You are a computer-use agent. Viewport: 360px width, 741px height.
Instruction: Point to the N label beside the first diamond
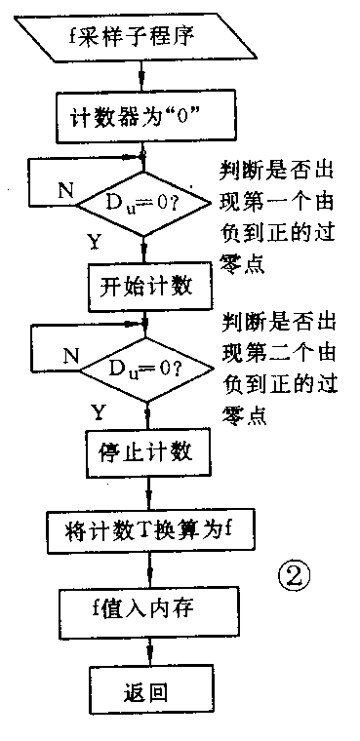(x=64, y=191)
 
